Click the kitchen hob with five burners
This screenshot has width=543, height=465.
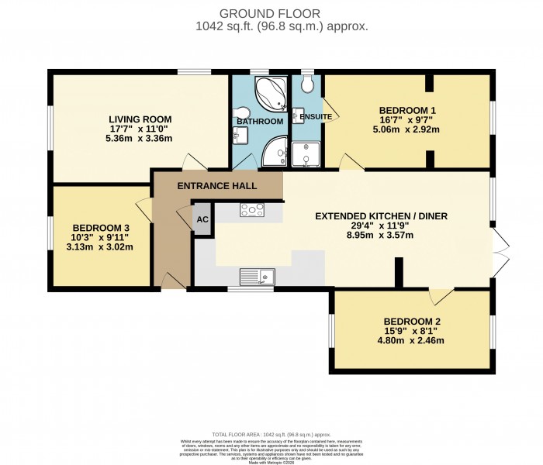(x=253, y=208)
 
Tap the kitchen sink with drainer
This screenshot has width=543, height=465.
(x=257, y=274)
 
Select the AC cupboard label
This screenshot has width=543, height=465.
(x=202, y=219)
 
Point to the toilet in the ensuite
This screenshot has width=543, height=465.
(x=307, y=84)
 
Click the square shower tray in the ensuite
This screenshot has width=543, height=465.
(x=306, y=154)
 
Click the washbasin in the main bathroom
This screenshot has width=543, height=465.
(x=238, y=135)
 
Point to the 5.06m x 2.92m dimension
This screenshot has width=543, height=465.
(x=409, y=129)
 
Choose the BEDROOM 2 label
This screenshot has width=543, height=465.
(x=412, y=321)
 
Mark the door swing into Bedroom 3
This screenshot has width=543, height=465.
(x=143, y=208)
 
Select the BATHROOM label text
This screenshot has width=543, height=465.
(x=260, y=122)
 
